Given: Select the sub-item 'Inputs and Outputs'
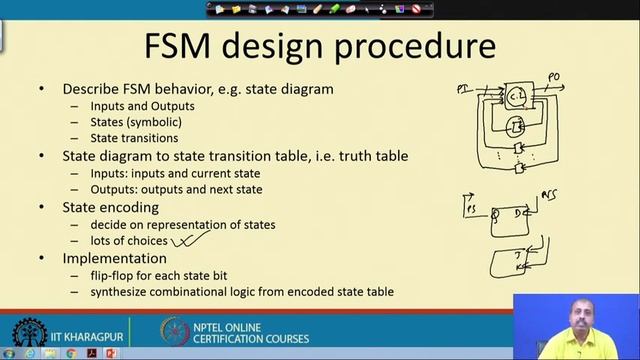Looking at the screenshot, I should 142,106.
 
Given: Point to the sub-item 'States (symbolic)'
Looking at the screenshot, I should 136,122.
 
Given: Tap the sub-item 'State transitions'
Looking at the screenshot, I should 134,138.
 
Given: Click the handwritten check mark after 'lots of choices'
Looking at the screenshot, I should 190,238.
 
